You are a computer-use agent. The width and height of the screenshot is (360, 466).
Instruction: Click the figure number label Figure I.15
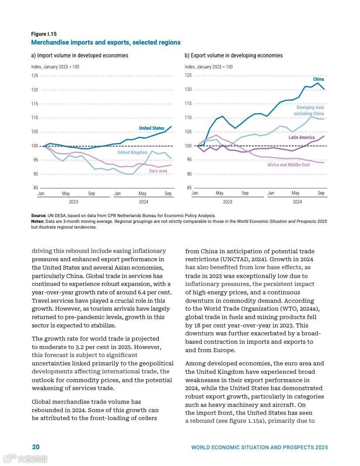coord(44,34)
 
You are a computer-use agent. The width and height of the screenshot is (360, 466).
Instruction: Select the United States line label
coord(151,128)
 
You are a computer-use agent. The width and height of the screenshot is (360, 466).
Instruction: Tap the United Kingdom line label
coord(132,153)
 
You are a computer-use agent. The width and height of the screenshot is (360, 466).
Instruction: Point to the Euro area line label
coord(158,171)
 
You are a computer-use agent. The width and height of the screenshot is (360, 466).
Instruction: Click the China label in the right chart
coord(318,79)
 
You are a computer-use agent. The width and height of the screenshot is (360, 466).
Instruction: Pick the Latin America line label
coord(301,138)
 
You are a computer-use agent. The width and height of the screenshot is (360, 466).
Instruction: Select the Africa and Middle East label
coord(289,165)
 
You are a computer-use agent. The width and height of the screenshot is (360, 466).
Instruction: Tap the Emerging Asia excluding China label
coord(310,111)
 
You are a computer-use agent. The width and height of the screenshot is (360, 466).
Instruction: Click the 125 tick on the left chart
coord(35,76)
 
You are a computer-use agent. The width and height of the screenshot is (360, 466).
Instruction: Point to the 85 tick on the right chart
coord(188,188)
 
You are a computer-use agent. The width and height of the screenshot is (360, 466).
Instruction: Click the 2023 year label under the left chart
coord(73,202)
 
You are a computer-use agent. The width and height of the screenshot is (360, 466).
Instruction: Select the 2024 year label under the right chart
coord(297,202)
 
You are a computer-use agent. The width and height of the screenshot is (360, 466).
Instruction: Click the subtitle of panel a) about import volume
coord(79,56)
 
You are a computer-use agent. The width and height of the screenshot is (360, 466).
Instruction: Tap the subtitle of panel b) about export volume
coord(233,56)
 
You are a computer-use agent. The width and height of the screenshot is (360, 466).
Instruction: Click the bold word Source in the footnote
coord(39,216)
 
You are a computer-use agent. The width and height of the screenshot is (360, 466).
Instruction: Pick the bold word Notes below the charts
coord(37,221)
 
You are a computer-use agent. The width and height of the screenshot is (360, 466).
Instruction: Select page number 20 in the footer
coord(36,447)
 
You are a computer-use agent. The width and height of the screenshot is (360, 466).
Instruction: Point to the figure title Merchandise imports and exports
coord(105,42)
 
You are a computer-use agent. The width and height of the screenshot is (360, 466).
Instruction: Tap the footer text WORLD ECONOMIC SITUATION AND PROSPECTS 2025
coord(259,447)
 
